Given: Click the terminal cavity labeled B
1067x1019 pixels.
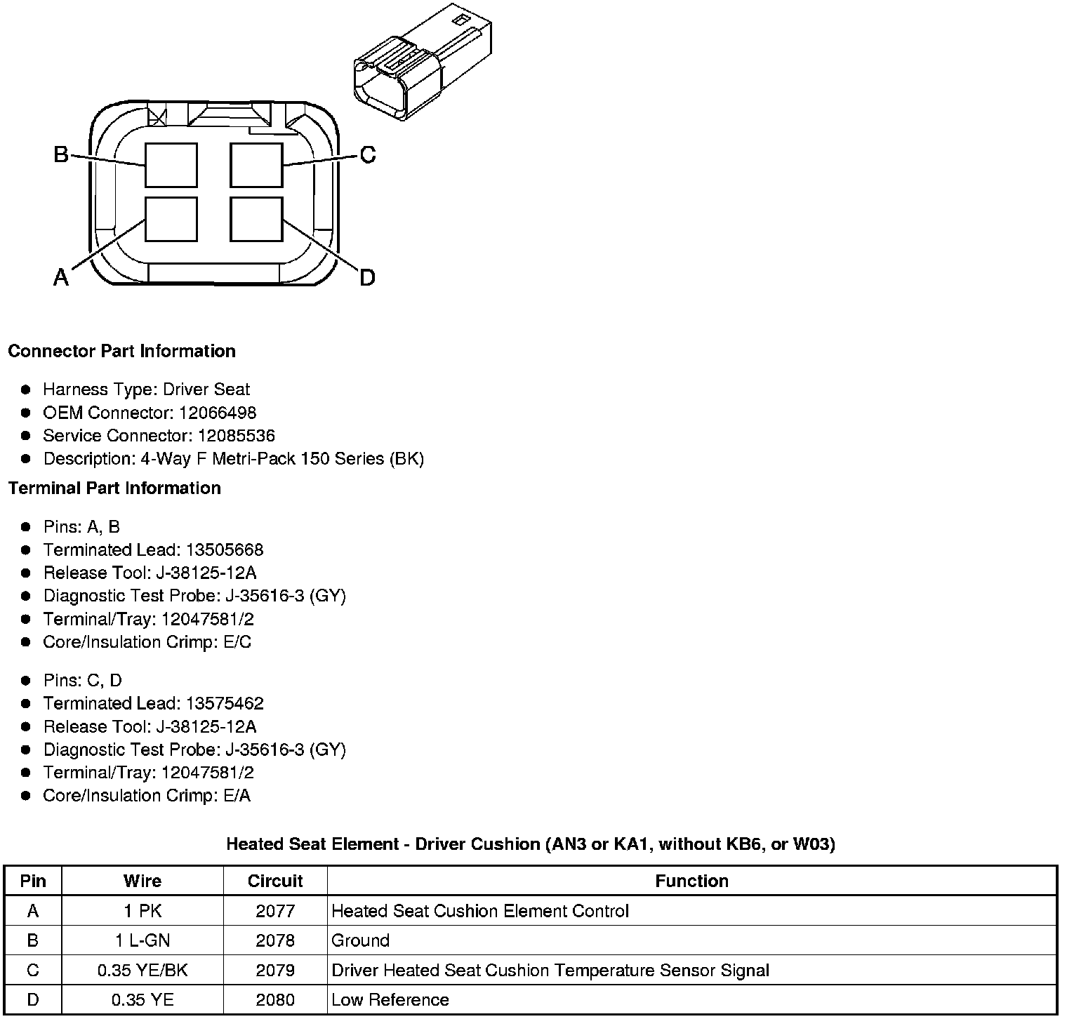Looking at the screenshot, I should [171, 165].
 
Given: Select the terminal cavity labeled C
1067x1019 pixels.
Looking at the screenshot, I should [257, 165].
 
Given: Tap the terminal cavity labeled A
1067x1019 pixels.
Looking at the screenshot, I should [171, 219].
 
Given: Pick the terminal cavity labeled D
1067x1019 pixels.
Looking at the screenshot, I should [257, 219].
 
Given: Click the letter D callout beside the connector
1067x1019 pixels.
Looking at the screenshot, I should [367, 278].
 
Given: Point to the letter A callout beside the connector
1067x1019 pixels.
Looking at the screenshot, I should [62, 278].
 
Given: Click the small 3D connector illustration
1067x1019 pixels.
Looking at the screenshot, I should [422, 63].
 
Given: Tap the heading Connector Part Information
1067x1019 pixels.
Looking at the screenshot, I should [121, 351].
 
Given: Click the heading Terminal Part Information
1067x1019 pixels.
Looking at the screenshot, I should [114, 488].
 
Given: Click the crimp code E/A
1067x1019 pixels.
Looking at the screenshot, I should [237, 795].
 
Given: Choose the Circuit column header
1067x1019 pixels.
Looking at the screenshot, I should [275, 881].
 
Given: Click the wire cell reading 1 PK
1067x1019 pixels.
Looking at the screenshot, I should [143, 911].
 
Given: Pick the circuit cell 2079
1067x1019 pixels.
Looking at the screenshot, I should [275, 970].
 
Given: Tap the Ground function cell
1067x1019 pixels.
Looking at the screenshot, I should [360, 940].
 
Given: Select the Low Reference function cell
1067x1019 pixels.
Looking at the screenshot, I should [390, 999].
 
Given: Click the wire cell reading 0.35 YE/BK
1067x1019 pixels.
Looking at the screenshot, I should [143, 970].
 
